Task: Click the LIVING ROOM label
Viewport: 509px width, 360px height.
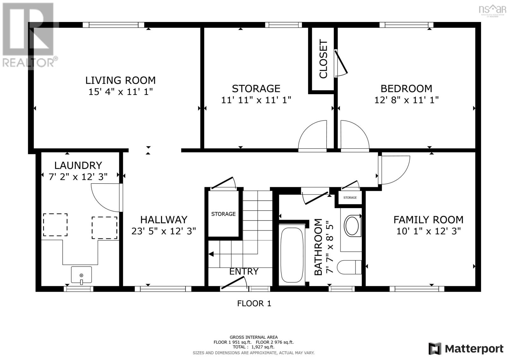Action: coord(121,80)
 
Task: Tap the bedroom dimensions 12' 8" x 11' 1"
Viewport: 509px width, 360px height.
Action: coord(406,100)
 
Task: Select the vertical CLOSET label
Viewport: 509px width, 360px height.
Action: coord(323,59)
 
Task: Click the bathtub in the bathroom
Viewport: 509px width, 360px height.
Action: coord(292,255)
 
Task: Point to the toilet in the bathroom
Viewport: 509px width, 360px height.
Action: coord(349,267)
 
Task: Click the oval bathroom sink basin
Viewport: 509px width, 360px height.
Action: coord(352,226)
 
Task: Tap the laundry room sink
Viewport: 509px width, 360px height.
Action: coord(81,275)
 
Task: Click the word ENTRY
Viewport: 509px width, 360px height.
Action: coord(244,272)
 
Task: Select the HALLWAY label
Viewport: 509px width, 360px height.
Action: coord(164,220)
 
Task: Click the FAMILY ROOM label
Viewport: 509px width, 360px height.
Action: coord(428,220)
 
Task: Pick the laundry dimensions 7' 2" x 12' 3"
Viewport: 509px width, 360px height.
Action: coord(78,177)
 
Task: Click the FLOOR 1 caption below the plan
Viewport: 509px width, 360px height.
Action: coord(254,303)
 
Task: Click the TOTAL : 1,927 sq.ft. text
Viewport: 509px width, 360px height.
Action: coord(254,347)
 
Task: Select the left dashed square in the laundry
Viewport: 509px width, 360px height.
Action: coord(55,225)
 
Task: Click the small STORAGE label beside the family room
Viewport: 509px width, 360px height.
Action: coord(350,197)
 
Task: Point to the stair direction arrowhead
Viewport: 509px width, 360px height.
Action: coord(211,254)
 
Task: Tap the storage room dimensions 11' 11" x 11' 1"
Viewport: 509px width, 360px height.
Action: coord(256,100)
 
